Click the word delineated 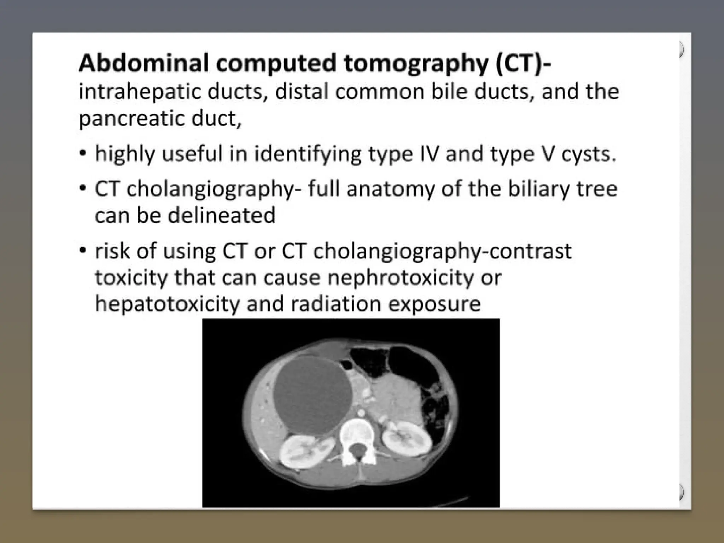pos(221,215)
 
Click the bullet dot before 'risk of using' pos(83,251)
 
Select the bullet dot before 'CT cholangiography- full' pos(83,188)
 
